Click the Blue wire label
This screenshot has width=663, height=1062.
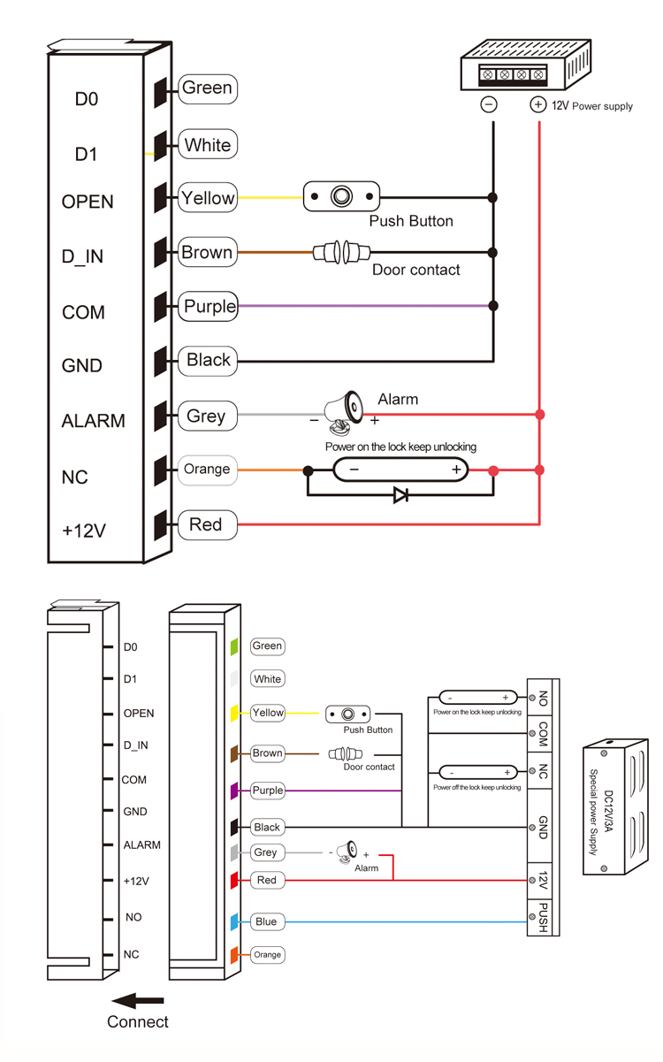click(266, 921)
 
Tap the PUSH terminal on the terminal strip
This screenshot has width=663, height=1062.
click(543, 918)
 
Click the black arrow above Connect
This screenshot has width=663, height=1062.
click(138, 1000)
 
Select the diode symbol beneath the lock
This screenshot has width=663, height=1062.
click(400, 495)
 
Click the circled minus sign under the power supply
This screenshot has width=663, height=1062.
click(488, 104)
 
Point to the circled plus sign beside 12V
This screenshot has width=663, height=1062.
click(537, 104)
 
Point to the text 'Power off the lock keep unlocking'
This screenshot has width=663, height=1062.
click(477, 787)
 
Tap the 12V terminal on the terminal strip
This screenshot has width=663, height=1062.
click(543, 881)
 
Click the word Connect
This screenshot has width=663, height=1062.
click(138, 1022)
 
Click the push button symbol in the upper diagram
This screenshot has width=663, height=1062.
click(341, 196)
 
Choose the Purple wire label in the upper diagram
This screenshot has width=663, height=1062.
click(210, 307)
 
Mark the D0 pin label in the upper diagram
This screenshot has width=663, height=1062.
click(86, 100)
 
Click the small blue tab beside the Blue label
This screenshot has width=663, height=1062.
click(234, 922)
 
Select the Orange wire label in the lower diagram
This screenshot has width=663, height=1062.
click(267, 955)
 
